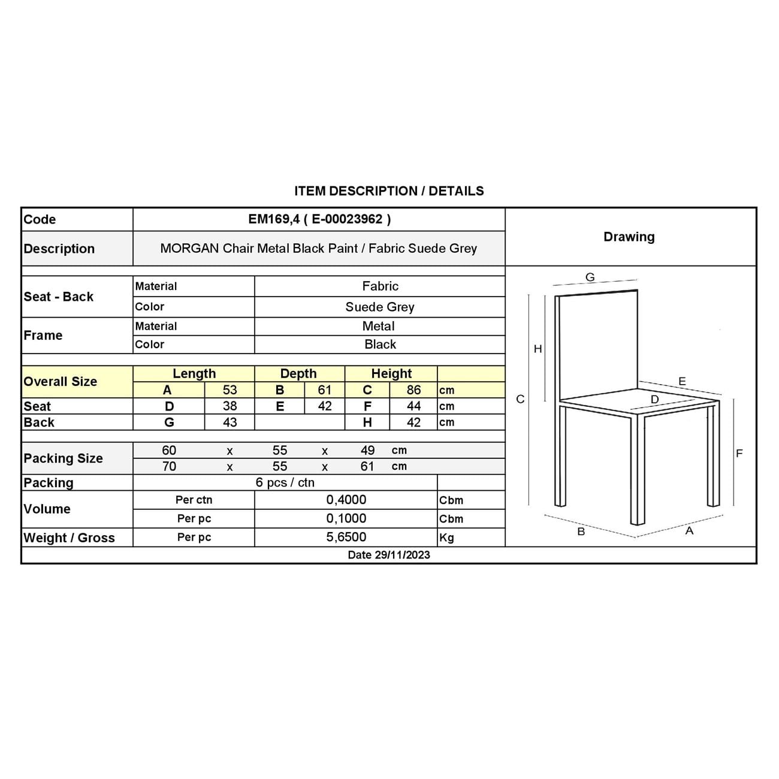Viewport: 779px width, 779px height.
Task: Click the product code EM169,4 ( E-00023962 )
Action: (x=319, y=219)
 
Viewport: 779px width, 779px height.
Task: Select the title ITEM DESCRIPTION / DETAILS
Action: (x=389, y=191)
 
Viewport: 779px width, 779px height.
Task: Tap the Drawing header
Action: (x=629, y=237)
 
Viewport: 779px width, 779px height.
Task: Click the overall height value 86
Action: (x=413, y=390)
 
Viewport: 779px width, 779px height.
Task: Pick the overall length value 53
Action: (x=230, y=390)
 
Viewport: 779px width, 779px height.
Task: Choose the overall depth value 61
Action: (x=324, y=390)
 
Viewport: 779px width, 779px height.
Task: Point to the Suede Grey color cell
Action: (x=380, y=307)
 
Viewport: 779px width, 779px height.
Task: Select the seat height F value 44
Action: (x=413, y=406)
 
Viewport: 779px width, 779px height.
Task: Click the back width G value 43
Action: (x=230, y=422)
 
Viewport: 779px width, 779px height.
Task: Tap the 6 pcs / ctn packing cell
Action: (x=285, y=483)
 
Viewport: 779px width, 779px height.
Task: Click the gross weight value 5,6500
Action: (x=346, y=538)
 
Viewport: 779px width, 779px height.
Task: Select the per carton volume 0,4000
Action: (x=346, y=500)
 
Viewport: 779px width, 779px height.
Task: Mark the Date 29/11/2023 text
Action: (x=389, y=555)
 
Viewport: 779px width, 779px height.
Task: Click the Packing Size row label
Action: (x=63, y=458)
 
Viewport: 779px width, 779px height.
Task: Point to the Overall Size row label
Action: (x=60, y=382)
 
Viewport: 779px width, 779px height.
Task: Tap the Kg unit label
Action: (x=446, y=538)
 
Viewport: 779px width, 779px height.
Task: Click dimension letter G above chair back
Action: (x=590, y=277)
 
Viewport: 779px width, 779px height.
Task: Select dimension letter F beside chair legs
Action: (x=739, y=454)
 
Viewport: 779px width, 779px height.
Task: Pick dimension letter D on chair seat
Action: (x=654, y=400)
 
